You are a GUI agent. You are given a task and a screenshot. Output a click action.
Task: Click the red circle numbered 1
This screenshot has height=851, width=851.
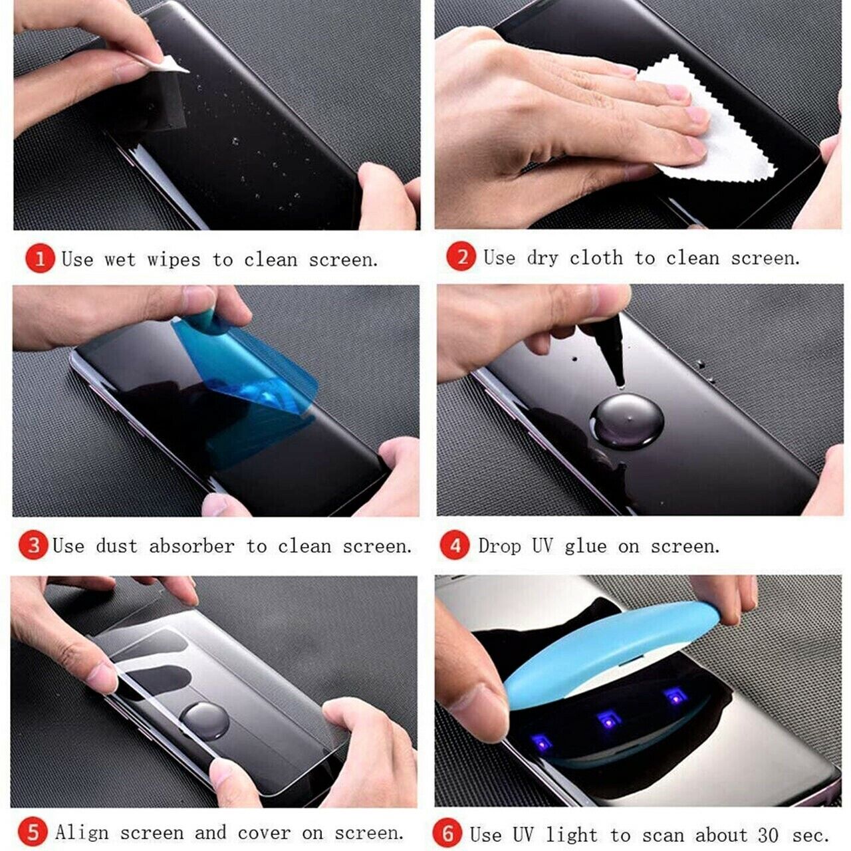click(x=40, y=259)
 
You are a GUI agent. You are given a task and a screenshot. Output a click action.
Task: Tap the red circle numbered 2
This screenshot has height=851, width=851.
click(x=461, y=257)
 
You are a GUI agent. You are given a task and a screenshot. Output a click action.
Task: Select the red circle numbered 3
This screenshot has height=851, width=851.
click(x=33, y=545)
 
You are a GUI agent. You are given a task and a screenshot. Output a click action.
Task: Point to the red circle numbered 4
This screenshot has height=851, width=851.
click(x=455, y=545)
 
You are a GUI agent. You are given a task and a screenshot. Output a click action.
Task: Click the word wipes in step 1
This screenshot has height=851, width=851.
click(x=174, y=260)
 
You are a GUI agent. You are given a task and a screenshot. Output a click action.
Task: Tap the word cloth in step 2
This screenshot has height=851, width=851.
click(x=596, y=257)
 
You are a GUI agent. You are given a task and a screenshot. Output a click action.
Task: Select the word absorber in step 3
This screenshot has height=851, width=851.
click(x=191, y=546)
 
